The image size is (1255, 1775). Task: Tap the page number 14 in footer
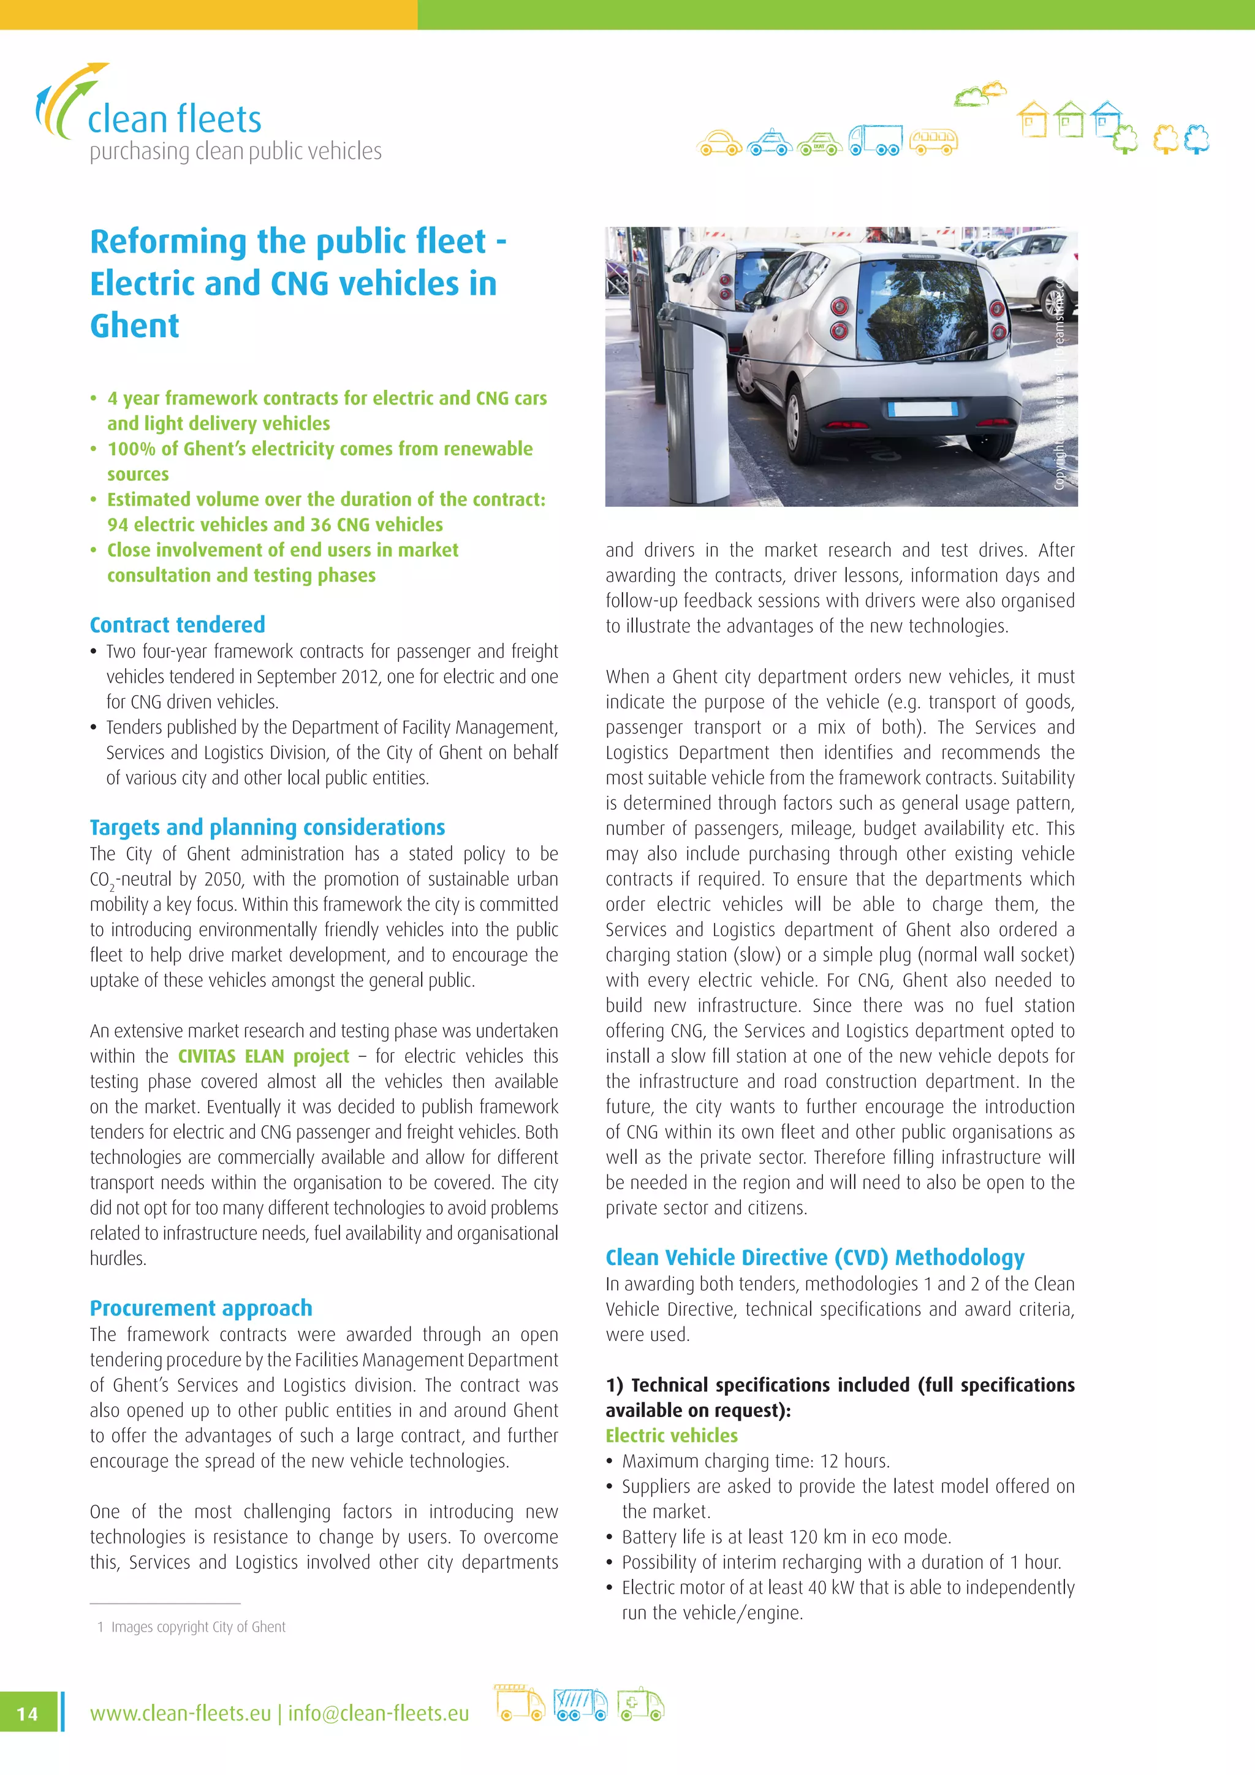[27, 1714]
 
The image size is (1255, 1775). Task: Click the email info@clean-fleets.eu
[378, 1714]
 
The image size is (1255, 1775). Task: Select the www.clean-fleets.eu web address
[180, 1714]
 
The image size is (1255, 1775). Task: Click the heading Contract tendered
[177, 625]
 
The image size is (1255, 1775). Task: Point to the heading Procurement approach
[201, 1308]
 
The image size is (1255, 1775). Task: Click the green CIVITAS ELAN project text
[264, 1056]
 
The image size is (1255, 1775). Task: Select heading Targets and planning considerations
[267, 827]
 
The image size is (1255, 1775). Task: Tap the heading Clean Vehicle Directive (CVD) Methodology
[814, 1258]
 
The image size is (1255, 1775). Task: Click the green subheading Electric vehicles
[671, 1435]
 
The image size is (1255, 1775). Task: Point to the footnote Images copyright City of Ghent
[198, 1627]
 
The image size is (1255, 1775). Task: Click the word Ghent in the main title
[134, 325]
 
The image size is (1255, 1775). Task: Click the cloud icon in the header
[980, 94]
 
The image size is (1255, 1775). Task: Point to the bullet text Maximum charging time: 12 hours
[755, 1461]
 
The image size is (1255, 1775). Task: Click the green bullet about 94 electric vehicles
[275, 525]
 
